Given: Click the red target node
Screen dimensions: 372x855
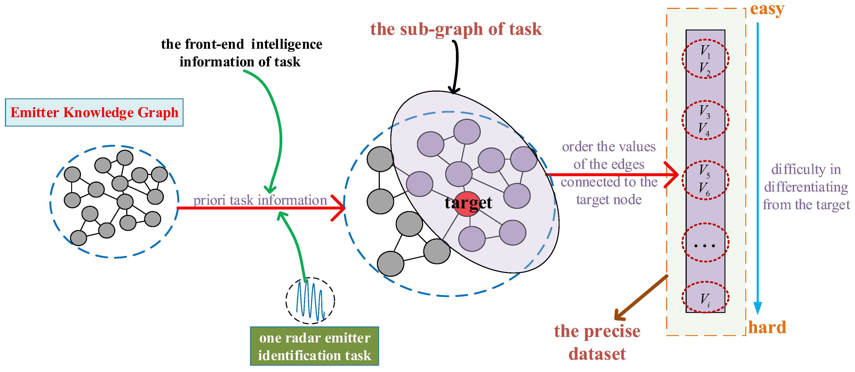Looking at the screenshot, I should coord(467,204).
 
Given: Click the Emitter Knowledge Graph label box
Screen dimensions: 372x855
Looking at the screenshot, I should coord(94,112).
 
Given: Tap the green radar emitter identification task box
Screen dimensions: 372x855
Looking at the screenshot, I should coord(314,346).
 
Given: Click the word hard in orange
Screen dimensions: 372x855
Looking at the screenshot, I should coord(767,328).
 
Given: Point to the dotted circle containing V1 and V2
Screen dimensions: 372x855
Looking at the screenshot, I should coord(705,59).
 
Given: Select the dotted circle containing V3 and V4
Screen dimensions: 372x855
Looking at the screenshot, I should coord(705,120).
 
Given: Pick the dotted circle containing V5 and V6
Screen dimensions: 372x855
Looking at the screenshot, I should coord(705,180).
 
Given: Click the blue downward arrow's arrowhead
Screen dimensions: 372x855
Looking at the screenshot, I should coord(757,308).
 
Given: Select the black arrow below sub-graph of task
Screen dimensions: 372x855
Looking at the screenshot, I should coord(455,66).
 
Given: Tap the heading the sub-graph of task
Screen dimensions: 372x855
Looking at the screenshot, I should coord(456,29).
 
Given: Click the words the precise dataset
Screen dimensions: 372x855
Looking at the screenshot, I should coord(597,342).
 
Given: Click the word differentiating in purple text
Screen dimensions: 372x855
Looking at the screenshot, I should coord(806,187).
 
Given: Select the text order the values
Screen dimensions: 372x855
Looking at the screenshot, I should coord(609,147).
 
